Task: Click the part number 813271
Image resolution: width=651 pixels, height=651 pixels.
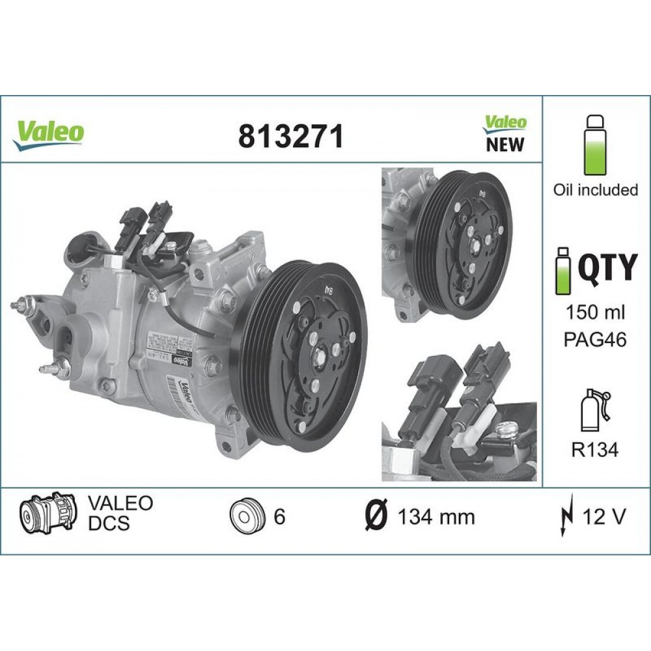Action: point(290,136)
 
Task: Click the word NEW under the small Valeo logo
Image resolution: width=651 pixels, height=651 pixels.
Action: point(505,145)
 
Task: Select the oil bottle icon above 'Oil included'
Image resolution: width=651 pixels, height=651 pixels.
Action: point(595,146)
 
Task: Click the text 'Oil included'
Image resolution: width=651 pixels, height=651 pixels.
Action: point(595,190)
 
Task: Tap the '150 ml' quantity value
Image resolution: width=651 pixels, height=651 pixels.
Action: point(595,312)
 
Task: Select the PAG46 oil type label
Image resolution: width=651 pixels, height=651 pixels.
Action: point(595,340)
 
